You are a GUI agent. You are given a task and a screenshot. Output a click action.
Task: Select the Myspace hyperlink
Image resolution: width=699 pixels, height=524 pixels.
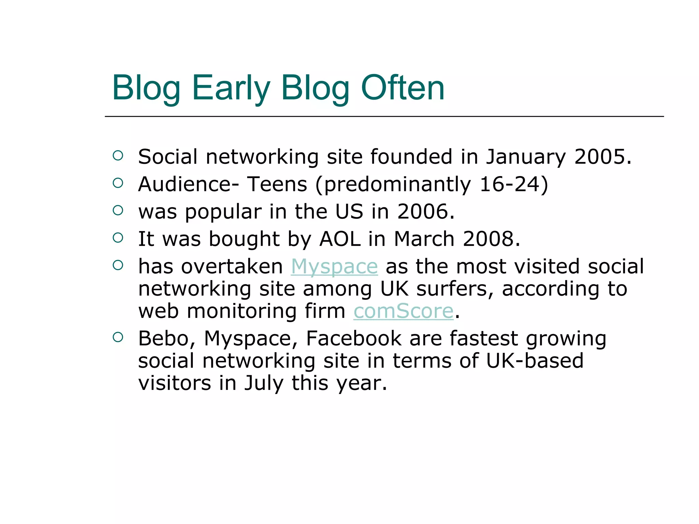point(334,266)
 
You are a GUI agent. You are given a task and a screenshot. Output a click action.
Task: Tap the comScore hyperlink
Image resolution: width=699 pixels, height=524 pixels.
point(403,311)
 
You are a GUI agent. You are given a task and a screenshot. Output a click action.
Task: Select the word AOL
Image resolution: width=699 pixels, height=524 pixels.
point(340,239)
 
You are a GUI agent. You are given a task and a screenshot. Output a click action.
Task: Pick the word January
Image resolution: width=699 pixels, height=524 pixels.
point(526,157)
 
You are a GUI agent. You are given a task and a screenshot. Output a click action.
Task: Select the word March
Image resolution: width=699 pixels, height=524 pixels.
point(424,239)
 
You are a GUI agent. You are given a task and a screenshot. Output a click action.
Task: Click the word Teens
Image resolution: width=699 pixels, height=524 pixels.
point(277,184)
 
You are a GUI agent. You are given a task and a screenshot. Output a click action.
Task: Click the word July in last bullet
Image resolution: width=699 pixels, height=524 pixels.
point(263,383)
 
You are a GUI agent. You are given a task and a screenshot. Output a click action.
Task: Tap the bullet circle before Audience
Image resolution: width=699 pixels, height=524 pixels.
point(118,183)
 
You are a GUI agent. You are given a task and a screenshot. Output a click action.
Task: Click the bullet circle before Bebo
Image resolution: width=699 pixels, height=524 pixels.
point(118,337)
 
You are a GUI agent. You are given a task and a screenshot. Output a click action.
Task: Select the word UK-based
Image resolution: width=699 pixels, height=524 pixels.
point(535,361)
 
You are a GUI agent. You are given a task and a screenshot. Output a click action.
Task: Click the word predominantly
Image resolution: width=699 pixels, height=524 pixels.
point(397,185)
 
